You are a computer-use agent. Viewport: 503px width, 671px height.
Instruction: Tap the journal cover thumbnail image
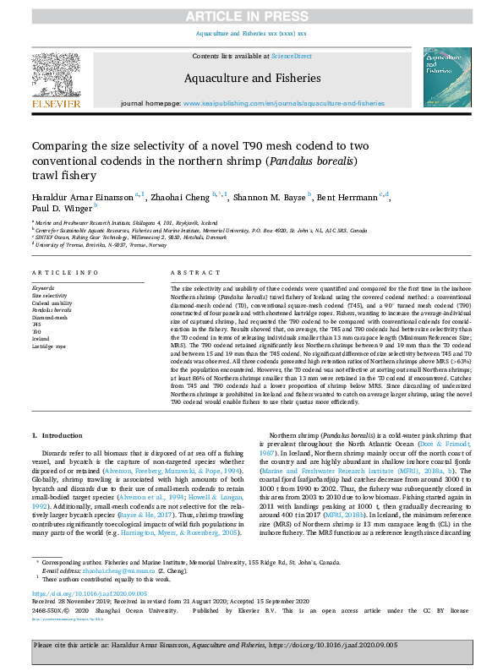440,77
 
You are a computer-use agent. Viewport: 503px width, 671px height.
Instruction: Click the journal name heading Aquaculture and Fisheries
250,77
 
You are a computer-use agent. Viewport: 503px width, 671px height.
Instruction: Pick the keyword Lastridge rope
47,346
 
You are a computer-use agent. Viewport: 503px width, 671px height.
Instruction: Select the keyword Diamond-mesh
48,316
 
